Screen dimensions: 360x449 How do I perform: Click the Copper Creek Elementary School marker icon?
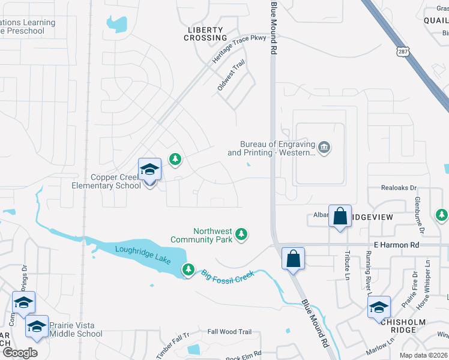coord(149,170)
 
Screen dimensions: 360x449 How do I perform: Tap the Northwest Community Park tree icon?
coord(241,234)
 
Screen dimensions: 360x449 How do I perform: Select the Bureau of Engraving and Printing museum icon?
coord(324,148)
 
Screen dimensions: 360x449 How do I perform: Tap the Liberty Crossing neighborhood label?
coord(206,34)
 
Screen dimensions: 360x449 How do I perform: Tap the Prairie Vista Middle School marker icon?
coord(37,327)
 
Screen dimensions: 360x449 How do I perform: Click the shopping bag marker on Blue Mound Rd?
coord(293,259)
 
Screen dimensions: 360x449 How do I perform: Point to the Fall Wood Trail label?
coord(229,332)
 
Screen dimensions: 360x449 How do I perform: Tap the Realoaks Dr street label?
coord(399,188)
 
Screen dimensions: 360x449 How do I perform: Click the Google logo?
coord(20,353)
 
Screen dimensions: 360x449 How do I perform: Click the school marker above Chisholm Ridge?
coord(379,307)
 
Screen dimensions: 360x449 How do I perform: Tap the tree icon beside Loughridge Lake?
coord(188,270)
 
